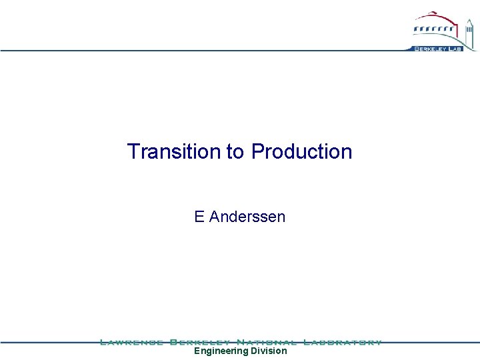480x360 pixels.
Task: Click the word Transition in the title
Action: [x=175, y=152]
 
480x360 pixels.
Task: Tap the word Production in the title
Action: [x=301, y=152]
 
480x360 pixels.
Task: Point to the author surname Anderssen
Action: [x=247, y=217]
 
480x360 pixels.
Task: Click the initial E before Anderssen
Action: [x=199, y=217]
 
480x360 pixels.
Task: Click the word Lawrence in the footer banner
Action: [x=131, y=342]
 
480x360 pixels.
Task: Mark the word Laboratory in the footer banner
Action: [x=343, y=342]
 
